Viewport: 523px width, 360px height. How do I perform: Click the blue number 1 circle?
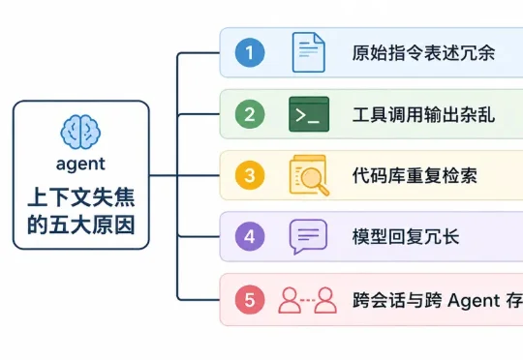(x=250, y=52)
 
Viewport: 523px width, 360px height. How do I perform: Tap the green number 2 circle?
(x=250, y=114)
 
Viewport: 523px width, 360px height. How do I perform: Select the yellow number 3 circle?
(x=250, y=175)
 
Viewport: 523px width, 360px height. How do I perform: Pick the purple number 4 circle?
(x=250, y=236)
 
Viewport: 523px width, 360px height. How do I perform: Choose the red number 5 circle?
(x=250, y=299)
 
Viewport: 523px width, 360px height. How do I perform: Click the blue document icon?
(x=308, y=52)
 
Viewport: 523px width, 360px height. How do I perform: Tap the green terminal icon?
(x=308, y=114)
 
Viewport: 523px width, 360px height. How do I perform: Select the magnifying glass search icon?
(x=308, y=175)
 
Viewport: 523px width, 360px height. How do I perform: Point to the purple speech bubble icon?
(x=308, y=236)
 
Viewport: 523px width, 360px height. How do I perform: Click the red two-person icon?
(x=307, y=299)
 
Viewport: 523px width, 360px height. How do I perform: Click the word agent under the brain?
(x=81, y=164)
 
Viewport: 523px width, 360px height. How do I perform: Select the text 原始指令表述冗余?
(x=423, y=52)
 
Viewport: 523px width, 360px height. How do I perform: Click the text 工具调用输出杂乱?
(x=423, y=114)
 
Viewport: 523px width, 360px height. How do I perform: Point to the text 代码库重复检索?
(x=415, y=175)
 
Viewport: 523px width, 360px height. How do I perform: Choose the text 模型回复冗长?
(x=406, y=236)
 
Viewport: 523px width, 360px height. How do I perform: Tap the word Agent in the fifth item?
(x=472, y=299)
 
